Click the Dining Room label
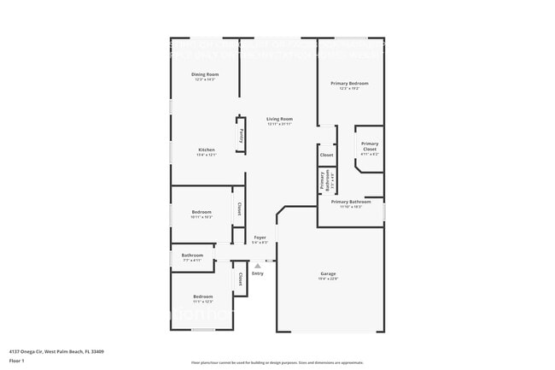(x=205, y=74)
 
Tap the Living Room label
(x=279, y=119)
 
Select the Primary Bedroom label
(x=349, y=83)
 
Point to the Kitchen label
(x=207, y=150)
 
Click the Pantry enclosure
(x=242, y=133)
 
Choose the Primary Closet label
(x=369, y=146)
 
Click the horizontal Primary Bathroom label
(x=351, y=202)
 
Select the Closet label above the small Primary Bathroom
(x=326, y=155)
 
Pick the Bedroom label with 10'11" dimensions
(x=202, y=211)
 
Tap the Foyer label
(x=260, y=237)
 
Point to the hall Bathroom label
(x=192, y=255)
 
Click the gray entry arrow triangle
(x=257, y=267)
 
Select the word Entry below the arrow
(x=257, y=273)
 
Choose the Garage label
(x=329, y=273)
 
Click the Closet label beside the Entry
(x=240, y=279)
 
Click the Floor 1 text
(x=17, y=361)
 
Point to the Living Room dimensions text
(x=279, y=124)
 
